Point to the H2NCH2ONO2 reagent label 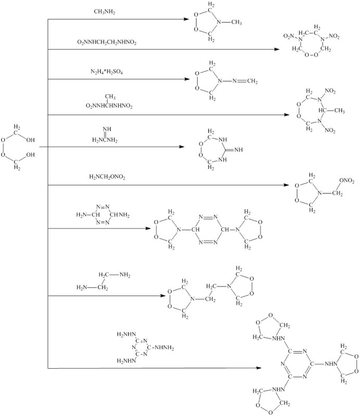(107, 177)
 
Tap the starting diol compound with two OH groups (18, 147)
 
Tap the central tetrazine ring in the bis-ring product (208, 228)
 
